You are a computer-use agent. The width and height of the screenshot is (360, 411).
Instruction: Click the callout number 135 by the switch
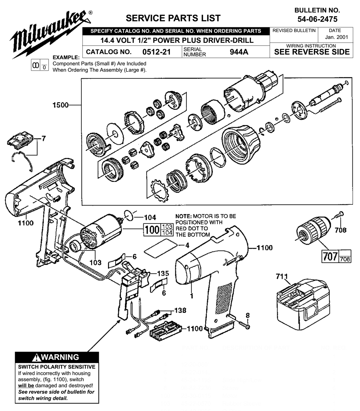(164, 272)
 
